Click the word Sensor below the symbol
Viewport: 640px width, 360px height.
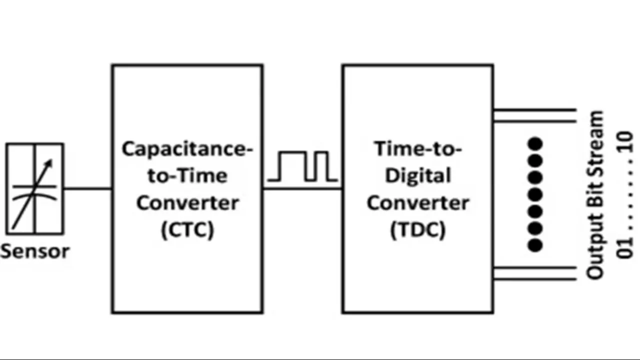[34, 251]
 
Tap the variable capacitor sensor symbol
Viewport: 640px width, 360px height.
[34, 188]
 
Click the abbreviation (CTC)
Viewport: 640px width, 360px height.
[187, 229]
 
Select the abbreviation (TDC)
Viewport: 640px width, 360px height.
[417, 229]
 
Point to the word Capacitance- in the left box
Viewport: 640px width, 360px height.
[187, 149]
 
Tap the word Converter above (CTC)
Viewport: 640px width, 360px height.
[187, 203]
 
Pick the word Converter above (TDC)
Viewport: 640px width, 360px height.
[417, 203]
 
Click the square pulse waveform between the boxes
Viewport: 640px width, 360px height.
[303, 166]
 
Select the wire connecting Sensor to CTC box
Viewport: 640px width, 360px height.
[87, 188]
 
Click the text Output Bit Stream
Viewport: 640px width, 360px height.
[595, 195]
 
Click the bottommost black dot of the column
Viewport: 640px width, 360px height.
[535, 245]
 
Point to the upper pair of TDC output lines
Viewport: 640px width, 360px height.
[534, 115]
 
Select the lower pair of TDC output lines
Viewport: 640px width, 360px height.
[534, 273]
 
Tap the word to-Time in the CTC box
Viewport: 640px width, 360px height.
[187, 176]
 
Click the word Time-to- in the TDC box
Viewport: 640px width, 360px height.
[417, 149]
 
